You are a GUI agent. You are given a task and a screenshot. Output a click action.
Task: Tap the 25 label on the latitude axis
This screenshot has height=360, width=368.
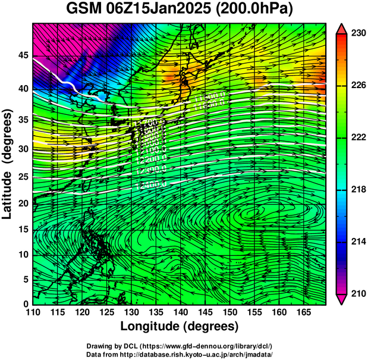coord(23,177)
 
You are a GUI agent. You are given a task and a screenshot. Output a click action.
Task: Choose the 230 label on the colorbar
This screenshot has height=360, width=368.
coord(357,34)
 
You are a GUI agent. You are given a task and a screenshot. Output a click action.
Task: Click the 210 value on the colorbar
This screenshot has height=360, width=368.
coord(357,294)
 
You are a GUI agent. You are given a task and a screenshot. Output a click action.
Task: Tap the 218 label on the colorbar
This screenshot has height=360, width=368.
coord(357,190)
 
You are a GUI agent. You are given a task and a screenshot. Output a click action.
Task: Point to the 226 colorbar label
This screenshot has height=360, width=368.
coord(357,86)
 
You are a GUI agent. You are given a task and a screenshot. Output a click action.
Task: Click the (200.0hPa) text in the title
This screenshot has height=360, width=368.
coord(259,10)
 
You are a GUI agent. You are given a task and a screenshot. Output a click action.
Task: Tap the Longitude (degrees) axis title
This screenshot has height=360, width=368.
coord(179,326)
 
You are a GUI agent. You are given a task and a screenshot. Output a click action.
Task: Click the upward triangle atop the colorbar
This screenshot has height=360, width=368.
coord(341,28)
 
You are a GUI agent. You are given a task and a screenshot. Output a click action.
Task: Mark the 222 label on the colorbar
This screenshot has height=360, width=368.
coord(357,137)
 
